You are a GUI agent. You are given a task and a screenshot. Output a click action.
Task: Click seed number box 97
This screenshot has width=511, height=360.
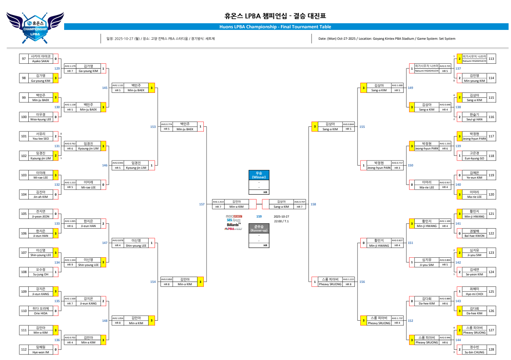pos(24,59)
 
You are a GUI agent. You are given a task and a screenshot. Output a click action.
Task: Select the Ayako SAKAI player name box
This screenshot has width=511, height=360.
pos(41,59)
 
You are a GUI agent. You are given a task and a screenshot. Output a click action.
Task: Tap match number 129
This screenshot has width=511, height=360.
pos(57,68)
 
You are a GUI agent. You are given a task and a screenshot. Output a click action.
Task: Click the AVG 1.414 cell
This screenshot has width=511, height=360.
pos(218,201)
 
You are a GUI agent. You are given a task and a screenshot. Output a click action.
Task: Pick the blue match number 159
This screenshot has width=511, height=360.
pos(259,216)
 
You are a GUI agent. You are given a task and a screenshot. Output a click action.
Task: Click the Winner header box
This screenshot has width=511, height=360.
pos(259,175)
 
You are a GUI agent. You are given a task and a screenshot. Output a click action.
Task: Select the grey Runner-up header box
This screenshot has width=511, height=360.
pos(259,228)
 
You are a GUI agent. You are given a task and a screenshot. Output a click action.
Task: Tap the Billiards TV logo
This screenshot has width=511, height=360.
pos(234,224)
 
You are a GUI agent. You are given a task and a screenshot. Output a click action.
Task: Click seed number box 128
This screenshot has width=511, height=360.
pos(491,349)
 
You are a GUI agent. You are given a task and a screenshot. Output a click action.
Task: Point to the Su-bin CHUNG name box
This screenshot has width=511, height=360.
pos(474,349)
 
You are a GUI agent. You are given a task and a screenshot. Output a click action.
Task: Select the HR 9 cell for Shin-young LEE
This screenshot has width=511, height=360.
pos(70,265)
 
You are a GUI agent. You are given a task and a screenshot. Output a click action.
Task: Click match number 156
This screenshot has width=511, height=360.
pos(362,282)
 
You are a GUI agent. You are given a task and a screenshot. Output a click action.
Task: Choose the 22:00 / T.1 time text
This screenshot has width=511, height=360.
pos(281,221)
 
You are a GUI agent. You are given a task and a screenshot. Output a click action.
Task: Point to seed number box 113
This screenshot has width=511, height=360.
pos(491,59)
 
